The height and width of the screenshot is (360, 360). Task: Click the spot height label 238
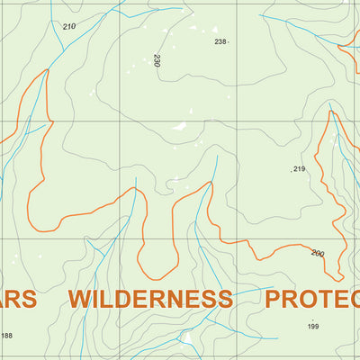pos(220,41)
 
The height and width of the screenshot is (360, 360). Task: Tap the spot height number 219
pos(300,169)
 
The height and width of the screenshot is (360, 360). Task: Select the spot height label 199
pos(312,327)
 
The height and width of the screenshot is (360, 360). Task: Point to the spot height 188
pos(7,336)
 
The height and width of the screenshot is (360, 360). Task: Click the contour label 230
pos(157,61)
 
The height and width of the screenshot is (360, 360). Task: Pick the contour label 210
pos(69,26)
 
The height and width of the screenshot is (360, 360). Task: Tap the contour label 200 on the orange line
pos(317,253)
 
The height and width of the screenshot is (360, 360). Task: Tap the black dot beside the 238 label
pos(229,42)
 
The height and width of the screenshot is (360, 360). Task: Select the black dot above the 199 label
pos(312,319)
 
